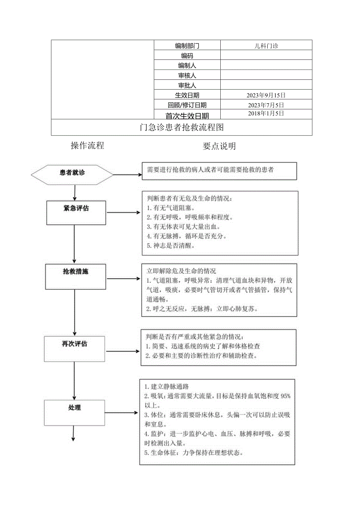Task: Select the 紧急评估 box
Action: [x=76, y=213]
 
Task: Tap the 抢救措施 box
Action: [x=76, y=276]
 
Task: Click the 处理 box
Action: [x=74, y=412]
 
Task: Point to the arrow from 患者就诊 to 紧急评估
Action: [x=74, y=193]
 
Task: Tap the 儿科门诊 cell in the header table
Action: [x=266, y=46]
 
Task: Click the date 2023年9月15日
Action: [x=266, y=95]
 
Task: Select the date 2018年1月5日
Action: [x=266, y=113]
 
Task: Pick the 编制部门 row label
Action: [x=187, y=46]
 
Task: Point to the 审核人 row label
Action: [x=187, y=76]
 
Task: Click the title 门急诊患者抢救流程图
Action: [x=182, y=128]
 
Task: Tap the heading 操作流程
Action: [x=87, y=146]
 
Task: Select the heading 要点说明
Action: [x=219, y=146]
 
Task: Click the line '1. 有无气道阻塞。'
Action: [x=170, y=208]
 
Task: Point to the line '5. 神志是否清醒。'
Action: [x=170, y=246]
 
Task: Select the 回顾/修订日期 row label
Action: [x=187, y=105]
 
